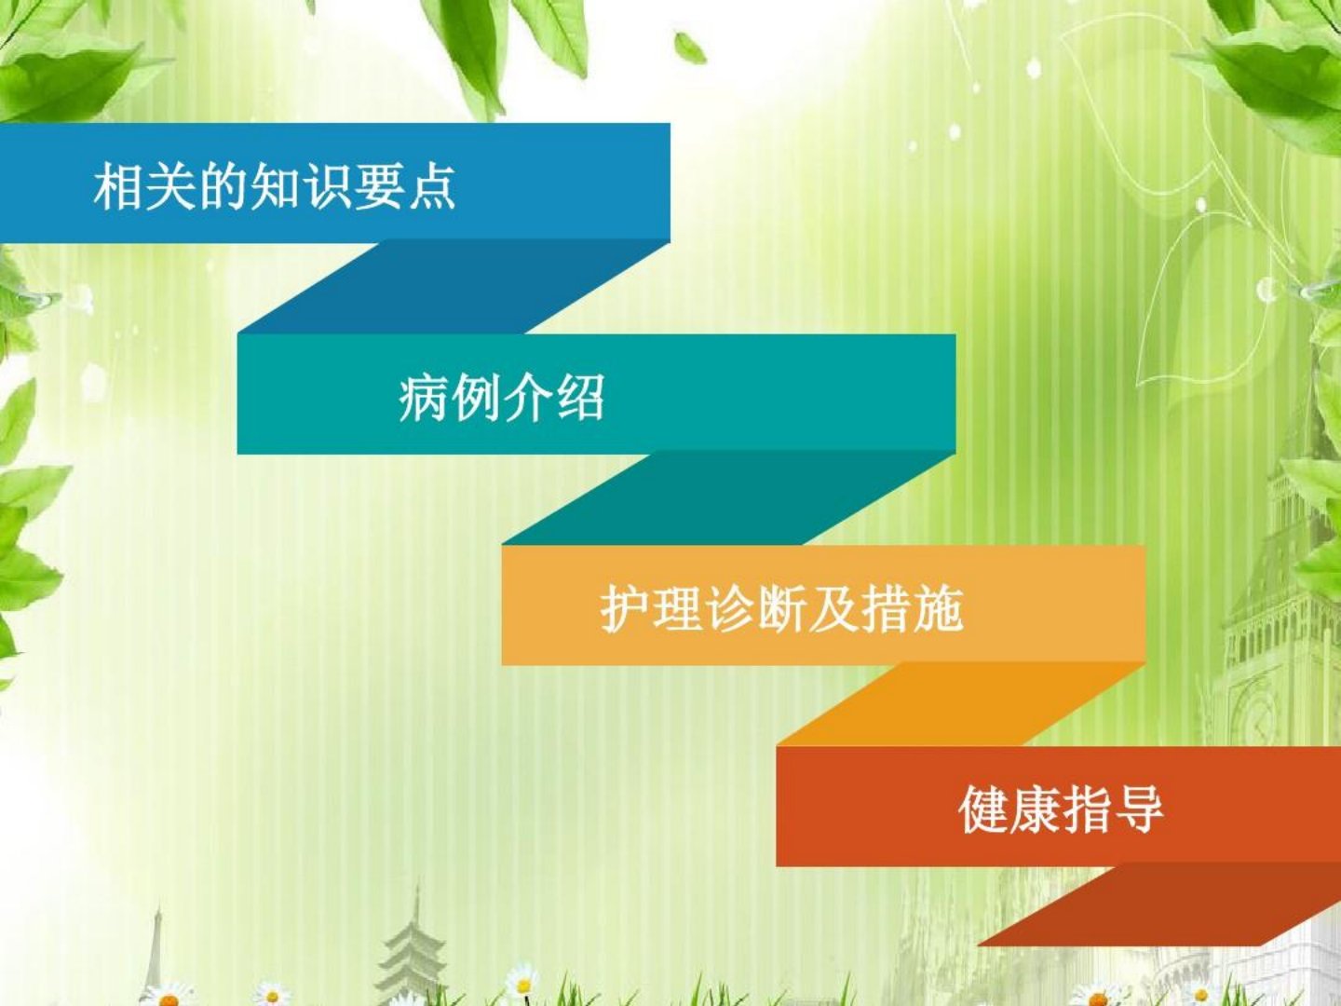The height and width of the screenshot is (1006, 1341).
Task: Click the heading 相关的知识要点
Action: coord(275,185)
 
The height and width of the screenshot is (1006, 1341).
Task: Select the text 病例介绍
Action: coord(502,398)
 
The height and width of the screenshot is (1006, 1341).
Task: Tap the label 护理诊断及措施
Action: coord(781,609)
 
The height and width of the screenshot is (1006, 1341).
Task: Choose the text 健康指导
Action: coord(1062,809)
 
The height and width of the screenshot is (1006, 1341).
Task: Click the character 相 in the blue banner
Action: coord(119,185)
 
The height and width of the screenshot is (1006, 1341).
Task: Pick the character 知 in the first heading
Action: coord(275,185)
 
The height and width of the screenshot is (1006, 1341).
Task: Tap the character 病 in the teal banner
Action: coord(424,398)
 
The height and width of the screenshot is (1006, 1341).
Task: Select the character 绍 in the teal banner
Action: coord(580,398)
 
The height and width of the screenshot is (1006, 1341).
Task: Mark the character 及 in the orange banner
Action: coord(833,609)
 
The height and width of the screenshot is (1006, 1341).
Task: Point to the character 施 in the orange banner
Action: coord(939,609)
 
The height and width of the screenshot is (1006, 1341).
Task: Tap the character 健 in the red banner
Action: coord(983,809)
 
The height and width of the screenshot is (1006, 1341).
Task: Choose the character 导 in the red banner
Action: coord(1140,809)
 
